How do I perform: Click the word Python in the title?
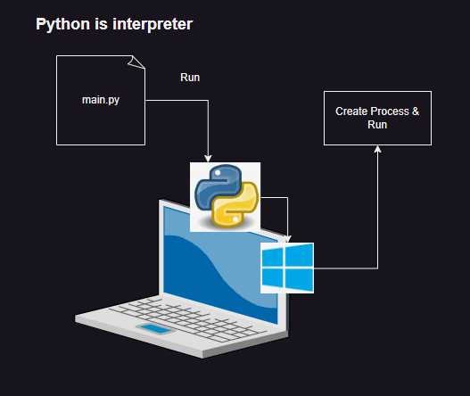[x=62, y=24]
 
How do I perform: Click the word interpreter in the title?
[x=153, y=24]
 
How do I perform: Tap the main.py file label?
[x=101, y=100]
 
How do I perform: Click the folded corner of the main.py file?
[x=136, y=62]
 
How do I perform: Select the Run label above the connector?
[x=190, y=78]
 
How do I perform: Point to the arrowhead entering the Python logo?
[x=208, y=159]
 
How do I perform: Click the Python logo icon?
[x=225, y=197]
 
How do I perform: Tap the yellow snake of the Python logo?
[x=235, y=206]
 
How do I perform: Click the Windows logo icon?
[x=287, y=268]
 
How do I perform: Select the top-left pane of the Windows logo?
[x=273, y=257]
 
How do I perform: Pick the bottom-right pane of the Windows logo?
[x=299, y=280]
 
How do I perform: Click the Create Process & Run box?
[x=377, y=118]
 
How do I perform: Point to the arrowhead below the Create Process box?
[x=377, y=149]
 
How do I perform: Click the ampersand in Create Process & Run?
[x=416, y=111]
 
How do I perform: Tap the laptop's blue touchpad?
[x=155, y=328]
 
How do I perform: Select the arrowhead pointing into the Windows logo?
[x=288, y=239]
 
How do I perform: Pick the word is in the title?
[x=101, y=24]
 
